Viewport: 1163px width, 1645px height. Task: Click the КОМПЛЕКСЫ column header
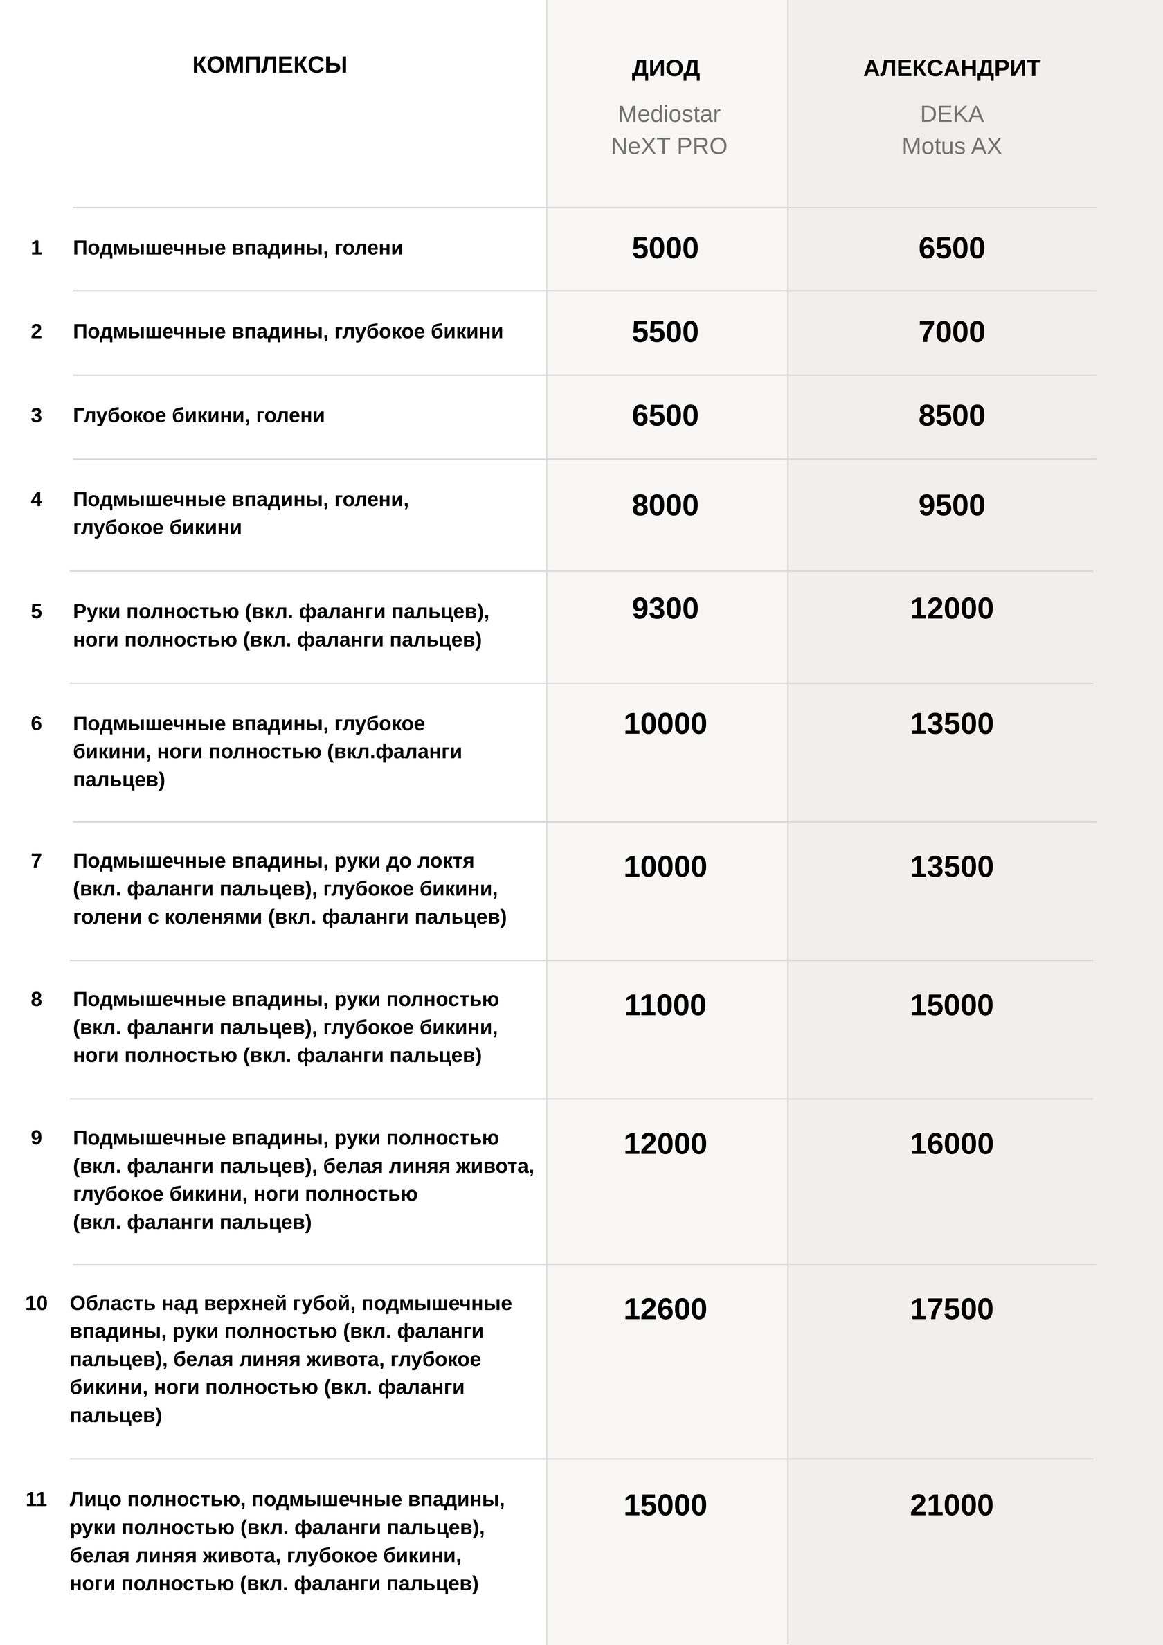[x=269, y=65]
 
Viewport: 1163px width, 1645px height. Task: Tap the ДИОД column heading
[x=666, y=69]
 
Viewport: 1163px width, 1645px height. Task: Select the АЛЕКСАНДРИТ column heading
[x=952, y=69]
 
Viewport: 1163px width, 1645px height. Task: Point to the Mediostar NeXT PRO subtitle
[x=669, y=129]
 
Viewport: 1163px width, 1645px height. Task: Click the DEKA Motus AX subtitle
[x=952, y=129]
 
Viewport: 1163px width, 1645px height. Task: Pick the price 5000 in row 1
[x=665, y=249]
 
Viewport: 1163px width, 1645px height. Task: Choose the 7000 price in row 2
[x=952, y=332]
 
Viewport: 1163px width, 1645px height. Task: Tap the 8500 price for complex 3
[x=952, y=416]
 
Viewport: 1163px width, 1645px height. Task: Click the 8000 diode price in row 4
[x=665, y=506]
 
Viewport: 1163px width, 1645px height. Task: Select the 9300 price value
[x=665, y=609]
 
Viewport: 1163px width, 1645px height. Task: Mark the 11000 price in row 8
[x=665, y=1005]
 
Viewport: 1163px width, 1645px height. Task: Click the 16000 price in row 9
[x=952, y=1144]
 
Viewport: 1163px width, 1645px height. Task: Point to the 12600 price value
[x=665, y=1309]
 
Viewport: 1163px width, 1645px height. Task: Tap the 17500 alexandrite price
[x=952, y=1309]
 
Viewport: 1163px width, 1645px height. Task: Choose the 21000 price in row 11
[x=952, y=1504]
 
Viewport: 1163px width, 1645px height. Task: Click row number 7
[x=37, y=861]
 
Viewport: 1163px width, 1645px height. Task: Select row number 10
[x=37, y=1302]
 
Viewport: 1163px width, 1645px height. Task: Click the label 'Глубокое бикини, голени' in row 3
[x=199, y=415]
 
